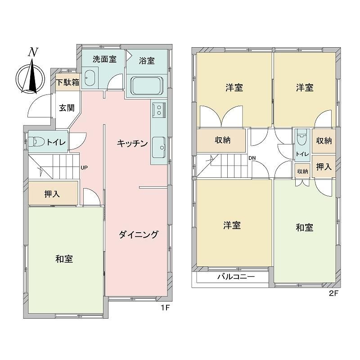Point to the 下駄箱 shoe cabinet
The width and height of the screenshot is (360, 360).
pos(67,83)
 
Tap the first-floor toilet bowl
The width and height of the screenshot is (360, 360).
pos(38,143)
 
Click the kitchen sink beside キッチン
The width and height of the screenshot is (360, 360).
pos(159,144)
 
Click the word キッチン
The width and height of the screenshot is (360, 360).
pos(132,144)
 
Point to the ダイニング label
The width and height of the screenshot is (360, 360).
pos(139,234)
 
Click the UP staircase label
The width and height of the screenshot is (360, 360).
pos(84,168)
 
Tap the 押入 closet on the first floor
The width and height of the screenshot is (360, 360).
pos(53,194)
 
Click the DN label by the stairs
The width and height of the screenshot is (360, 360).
pos(252,158)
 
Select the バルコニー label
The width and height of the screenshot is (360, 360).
pos(236,277)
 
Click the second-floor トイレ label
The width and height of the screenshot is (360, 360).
pos(301,154)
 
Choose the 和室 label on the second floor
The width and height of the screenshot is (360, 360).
pos(304,228)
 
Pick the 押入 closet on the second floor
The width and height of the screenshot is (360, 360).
pos(324,167)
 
